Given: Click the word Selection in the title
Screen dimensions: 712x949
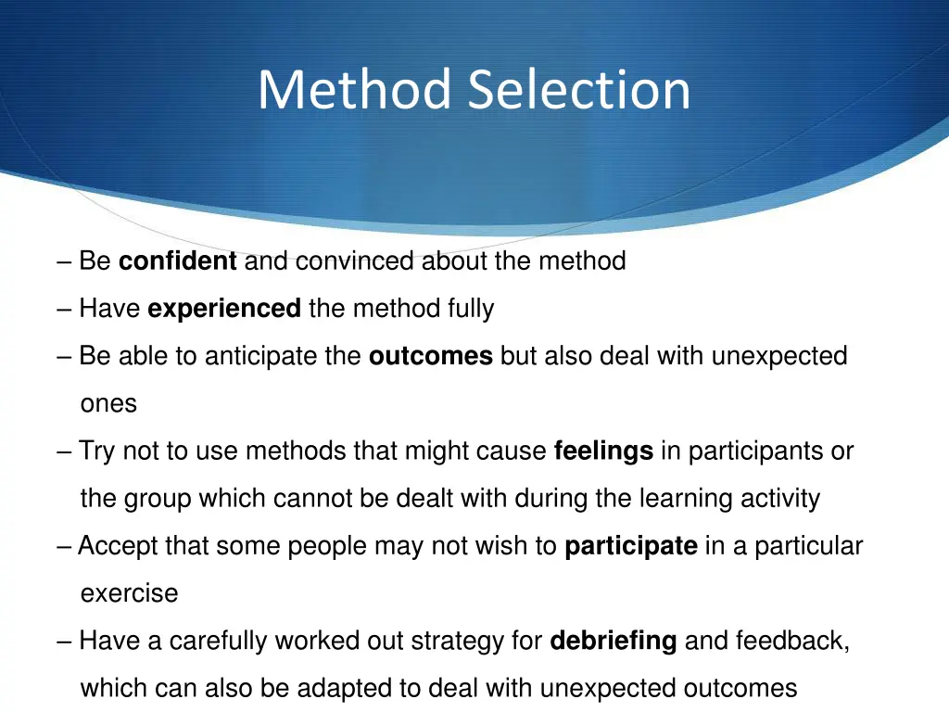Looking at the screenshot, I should pos(579,90).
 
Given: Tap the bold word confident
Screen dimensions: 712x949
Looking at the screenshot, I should pos(178,261).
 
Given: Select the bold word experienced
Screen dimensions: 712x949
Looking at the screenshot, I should pos(224,309).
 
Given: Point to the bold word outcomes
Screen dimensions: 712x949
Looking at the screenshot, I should pos(430,356).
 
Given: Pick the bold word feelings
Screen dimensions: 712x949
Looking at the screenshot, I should pos(603,451).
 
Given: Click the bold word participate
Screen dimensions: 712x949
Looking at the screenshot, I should pos(631,546).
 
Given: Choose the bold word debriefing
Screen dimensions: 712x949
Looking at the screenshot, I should pos(614,641).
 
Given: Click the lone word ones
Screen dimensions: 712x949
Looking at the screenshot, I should pos(108,404).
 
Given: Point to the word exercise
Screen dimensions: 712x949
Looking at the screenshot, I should pos(129,593).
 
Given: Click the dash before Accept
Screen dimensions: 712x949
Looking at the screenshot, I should pos(64,546).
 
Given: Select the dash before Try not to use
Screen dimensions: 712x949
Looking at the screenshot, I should pos(64,451).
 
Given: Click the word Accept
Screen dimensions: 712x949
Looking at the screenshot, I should pos(118,547).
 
